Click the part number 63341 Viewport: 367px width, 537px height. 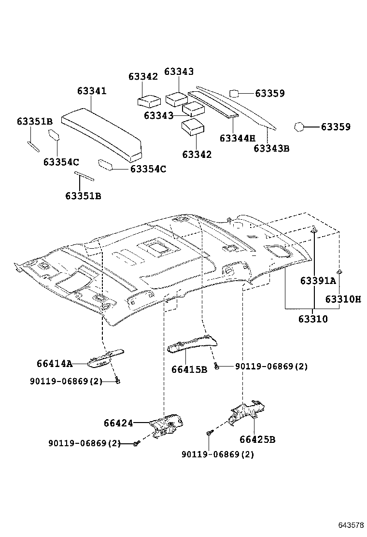92,91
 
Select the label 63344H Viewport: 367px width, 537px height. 237,138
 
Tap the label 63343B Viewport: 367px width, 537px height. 271,148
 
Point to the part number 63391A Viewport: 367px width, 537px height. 318,281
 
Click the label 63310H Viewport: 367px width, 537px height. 343,299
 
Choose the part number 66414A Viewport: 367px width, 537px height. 54,364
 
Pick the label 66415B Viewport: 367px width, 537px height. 189,369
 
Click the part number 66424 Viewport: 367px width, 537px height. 118,423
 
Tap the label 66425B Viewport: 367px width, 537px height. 257,439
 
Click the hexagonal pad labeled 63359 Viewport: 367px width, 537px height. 299,127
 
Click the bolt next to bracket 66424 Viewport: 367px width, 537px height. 136,442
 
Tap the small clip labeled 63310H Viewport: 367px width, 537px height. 339,272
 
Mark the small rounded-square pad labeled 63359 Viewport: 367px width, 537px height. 235,94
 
